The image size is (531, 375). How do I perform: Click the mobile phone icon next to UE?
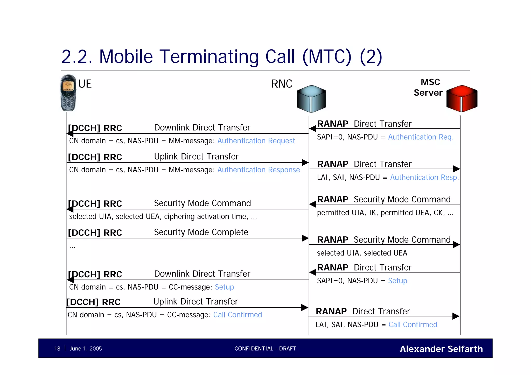68,93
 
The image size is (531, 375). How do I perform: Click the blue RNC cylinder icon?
311,99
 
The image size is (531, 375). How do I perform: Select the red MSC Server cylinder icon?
462,99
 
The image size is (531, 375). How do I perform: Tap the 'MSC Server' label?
429,87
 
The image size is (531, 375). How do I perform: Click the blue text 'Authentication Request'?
256,141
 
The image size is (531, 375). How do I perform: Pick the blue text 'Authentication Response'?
258,170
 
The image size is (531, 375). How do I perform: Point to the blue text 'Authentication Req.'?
421,137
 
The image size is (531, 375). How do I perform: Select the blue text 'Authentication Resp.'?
424,177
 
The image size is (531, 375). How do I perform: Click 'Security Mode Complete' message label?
201,232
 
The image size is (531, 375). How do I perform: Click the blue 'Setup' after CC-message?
224,287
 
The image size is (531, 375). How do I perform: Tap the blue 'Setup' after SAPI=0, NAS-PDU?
397,281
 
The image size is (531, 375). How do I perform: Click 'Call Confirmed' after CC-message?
237,315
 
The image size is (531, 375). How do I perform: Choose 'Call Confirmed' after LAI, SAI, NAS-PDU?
413,324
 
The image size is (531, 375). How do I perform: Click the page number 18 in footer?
57,349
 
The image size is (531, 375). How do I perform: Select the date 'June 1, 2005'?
85,349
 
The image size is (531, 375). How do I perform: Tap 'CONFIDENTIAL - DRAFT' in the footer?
265,349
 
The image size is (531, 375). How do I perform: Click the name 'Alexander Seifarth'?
441,349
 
